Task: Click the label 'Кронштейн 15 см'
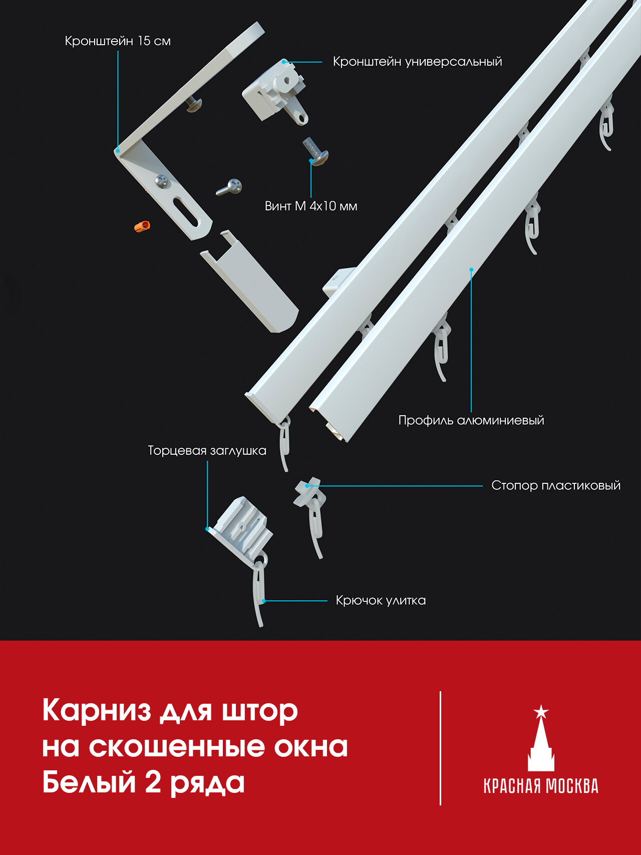[x=118, y=41]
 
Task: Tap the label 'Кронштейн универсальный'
[x=417, y=62]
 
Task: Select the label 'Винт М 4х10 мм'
[x=311, y=206]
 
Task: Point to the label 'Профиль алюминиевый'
[x=471, y=420]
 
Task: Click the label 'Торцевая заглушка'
[x=207, y=451]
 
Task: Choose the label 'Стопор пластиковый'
[x=555, y=485]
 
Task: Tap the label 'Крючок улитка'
[x=381, y=600]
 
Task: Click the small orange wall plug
[x=142, y=226]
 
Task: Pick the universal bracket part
[x=275, y=90]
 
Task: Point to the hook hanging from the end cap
[x=259, y=591]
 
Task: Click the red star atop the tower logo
[x=541, y=711]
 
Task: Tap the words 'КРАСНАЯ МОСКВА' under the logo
[x=541, y=785]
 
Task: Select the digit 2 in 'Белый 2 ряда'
[x=153, y=782]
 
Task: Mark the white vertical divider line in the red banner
[x=441, y=748]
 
